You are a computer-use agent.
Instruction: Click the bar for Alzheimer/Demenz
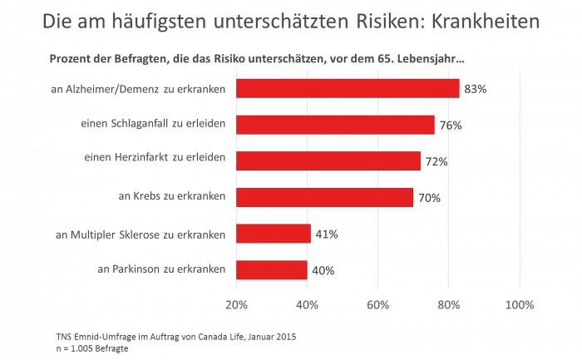348,88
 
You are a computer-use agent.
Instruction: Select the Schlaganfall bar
335,125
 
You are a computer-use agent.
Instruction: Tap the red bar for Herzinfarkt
328,161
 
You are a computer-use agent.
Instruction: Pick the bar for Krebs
325,197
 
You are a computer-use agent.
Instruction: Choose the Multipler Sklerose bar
274,234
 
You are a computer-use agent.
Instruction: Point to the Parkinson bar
272,269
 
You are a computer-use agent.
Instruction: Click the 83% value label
474,89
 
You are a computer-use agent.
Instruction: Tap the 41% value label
327,234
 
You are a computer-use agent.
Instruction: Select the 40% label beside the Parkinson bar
323,270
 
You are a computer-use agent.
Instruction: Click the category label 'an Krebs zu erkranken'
172,197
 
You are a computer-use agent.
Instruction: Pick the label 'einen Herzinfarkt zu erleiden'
155,160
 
